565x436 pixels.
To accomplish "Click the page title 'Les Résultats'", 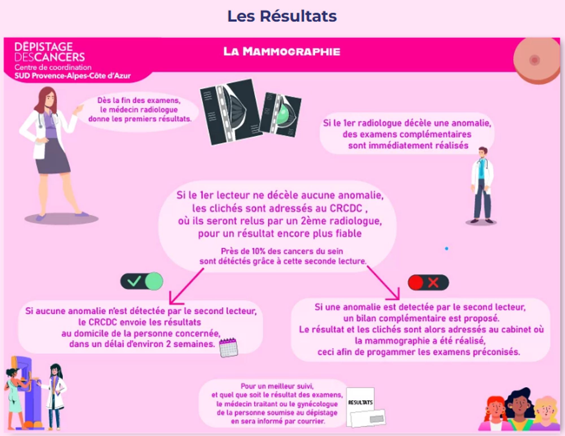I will click(x=282, y=16).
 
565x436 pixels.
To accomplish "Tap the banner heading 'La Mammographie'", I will click(x=282, y=52).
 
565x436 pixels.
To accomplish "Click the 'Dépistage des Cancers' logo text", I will click(x=49, y=52).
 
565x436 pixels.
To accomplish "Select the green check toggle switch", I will click(x=142, y=281).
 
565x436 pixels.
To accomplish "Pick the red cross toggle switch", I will click(x=428, y=282).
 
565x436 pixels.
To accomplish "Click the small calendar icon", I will click(x=228, y=348).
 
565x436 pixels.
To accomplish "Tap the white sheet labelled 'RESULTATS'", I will click(x=360, y=401).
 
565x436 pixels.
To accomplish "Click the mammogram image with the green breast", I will click(x=281, y=114).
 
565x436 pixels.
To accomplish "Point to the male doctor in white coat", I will click(x=482, y=185).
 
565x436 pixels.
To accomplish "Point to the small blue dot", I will click(x=446, y=249).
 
